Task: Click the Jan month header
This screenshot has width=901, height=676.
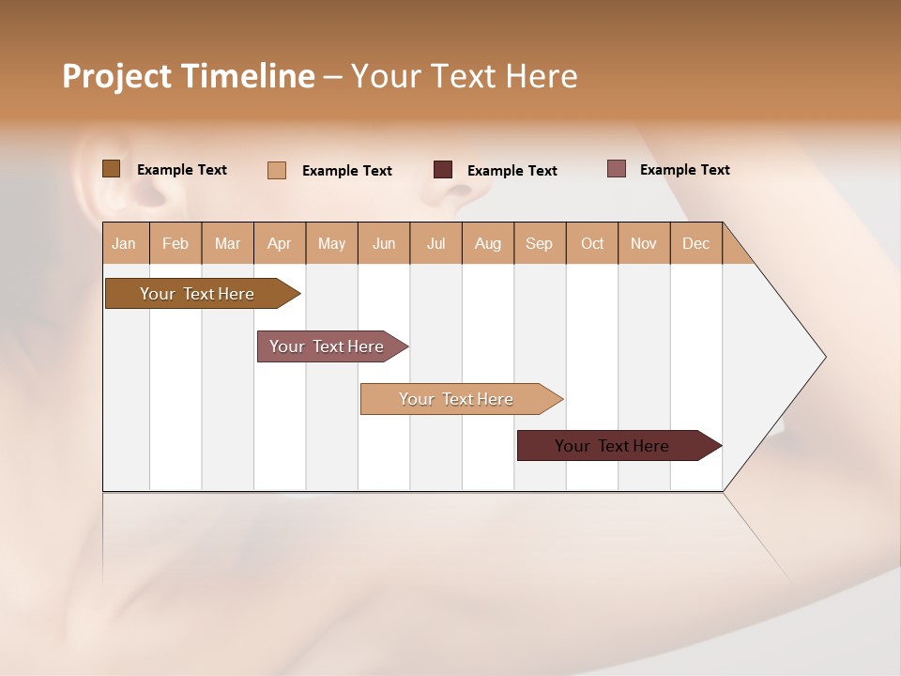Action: pyautogui.click(x=124, y=243)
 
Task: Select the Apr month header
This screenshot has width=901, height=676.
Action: pyautogui.click(x=280, y=243)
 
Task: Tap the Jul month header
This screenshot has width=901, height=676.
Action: pyautogui.click(x=436, y=243)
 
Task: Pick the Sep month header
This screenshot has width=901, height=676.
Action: pyautogui.click(x=539, y=243)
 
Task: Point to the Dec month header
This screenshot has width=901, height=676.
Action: pyautogui.click(x=695, y=243)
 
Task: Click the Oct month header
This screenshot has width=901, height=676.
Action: pyautogui.click(x=592, y=243)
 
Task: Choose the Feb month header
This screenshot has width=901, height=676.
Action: pyautogui.click(x=176, y=243)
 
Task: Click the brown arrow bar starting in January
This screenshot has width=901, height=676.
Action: pyautogui.click(x=197, y=294)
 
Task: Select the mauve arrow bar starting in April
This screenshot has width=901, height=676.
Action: pyautogui.click(x=327, y=346)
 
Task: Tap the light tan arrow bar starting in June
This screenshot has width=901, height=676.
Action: pyautogui.click(x=456, y=399)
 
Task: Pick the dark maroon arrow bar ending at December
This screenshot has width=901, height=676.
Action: pyautogui.click(x=612, y=446)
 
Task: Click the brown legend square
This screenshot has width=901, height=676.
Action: pyautogui.click(x=111, y=169)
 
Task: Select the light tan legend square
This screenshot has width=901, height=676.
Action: pyautogui.click(x=276, y=170)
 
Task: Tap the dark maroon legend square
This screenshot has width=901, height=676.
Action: pyautogui.click(x=443, y=170)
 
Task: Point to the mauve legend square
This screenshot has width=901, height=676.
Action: pyautogui.click(x=616, y=169)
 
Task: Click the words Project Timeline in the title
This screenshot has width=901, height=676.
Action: pyautogui.click(x=188, y=76)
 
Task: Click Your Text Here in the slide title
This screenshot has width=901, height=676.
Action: pyautogui.click(x=464, y=76)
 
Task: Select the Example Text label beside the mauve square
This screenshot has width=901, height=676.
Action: pyautogui.click(x=684, y=170)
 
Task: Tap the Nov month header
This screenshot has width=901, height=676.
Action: pyautogui.click(x=644, y=243)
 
